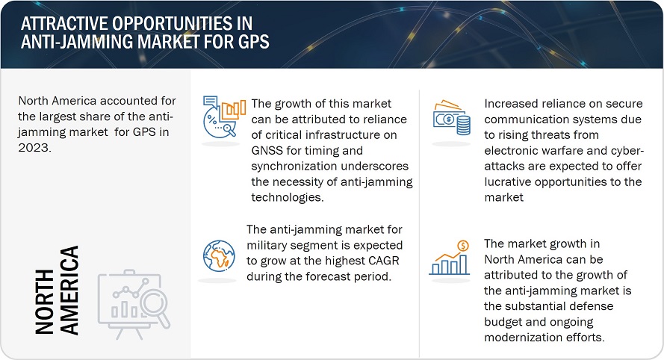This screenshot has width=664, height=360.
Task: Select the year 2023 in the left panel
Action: pyautogui.click(x=34, y=147)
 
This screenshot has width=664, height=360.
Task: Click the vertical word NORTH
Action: pyautogui.click(x=45, y=302)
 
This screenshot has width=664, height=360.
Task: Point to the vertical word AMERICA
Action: pyautogui.click(x=69, y=291)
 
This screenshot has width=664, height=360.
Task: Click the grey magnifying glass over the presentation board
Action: pyautogui.click(x=155, y=307)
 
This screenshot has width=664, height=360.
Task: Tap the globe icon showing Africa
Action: pyautogui.click(x=219, y=256)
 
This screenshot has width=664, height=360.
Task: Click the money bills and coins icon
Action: pyautogui.click(x=451, y=118)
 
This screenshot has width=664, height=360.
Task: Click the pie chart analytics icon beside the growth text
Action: pyautogui.click(x=223, y=117)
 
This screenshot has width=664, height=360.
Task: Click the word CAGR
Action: pyautogui.click(x=384, y=261)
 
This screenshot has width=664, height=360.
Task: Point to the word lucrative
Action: pyautogui.click(x=508, y=181)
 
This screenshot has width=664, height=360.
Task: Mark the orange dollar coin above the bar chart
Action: pyautogui.click(x=463, y=245)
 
